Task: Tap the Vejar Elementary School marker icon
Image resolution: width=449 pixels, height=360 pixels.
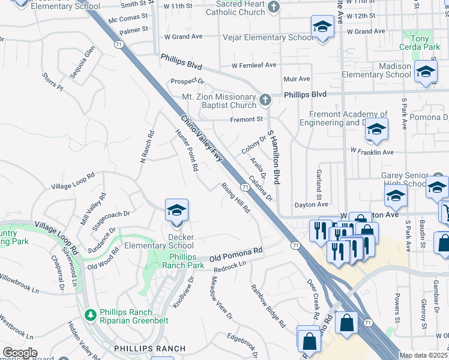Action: pyautogui.click(x=322, y=27)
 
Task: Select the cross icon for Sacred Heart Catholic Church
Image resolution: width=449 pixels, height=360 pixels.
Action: pyautogui.click(x=274, y=7)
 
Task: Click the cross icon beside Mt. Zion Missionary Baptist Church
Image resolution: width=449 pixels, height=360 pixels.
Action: pyautogui.click(x=264, y=98)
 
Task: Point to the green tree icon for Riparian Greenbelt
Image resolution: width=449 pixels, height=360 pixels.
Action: pyautogui.click(x=91, y=314)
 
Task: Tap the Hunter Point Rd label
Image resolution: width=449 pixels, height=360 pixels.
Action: pyautogui.click(x=187, y=151)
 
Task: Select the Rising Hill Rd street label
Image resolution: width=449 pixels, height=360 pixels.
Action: pyautogui.click(x=235, y=198)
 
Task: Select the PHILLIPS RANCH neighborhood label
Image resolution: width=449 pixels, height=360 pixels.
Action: pyautogui.click(x=142, y=349)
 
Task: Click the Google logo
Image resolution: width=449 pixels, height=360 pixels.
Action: pyautogui.click(x=20, y=353)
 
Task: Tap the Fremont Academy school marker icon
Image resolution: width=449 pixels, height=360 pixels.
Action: pyautogui.click(x=376, y=129)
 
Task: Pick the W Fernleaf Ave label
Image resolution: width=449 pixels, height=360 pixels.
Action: pyautogui.click(x=254, y=65)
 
